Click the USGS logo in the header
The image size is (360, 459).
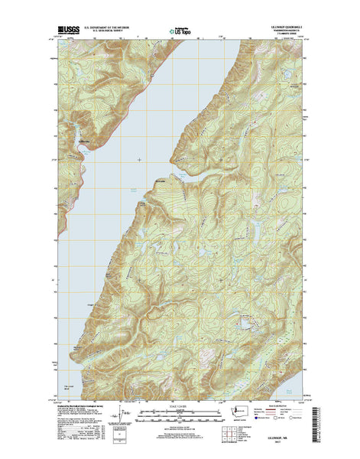click(68, 32)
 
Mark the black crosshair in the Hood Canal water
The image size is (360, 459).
click(139, 159)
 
